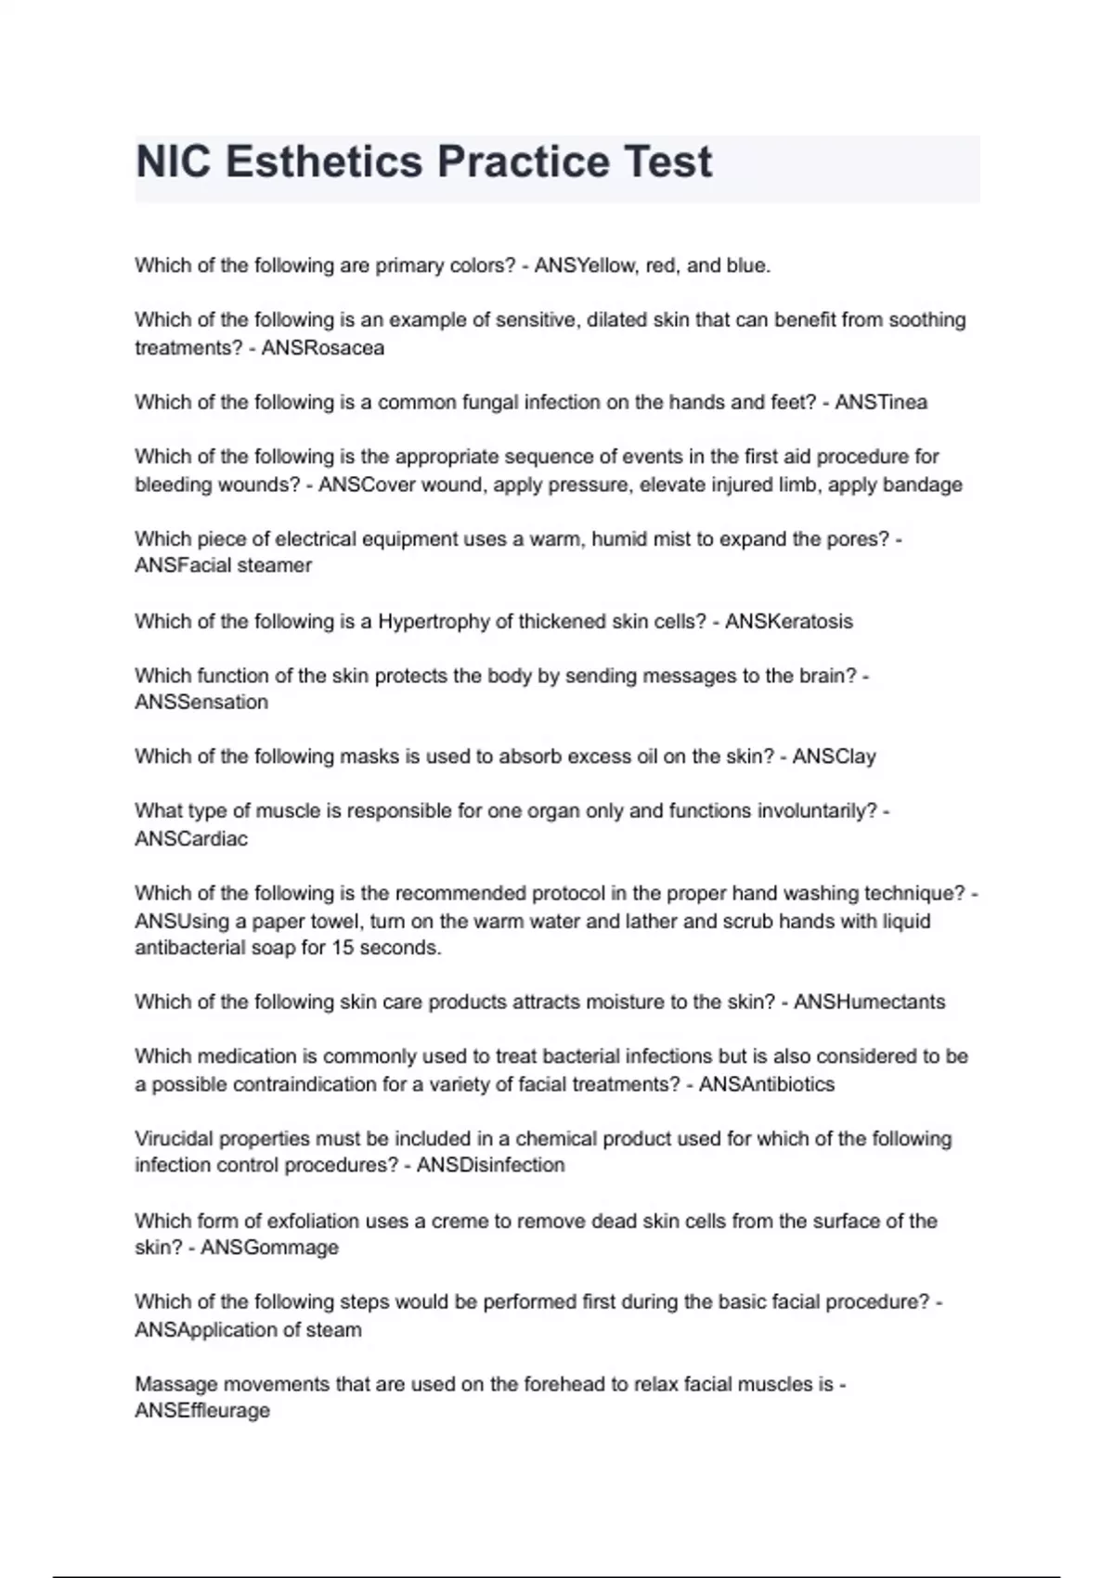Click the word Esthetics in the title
pos(324,162)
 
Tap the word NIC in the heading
pos(175,162)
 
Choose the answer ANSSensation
pos(201,703)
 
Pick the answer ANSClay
pos(834,757)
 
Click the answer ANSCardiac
pos(191,839)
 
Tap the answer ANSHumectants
pos(869,1002)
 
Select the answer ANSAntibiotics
pos(766,1084)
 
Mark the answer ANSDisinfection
pos(490,1165)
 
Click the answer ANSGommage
pos(269,1248)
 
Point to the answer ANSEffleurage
pos(202,1411)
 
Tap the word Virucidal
pos(176,1138)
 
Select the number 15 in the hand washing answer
pos(343,948)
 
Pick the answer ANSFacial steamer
pos(223,565)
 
